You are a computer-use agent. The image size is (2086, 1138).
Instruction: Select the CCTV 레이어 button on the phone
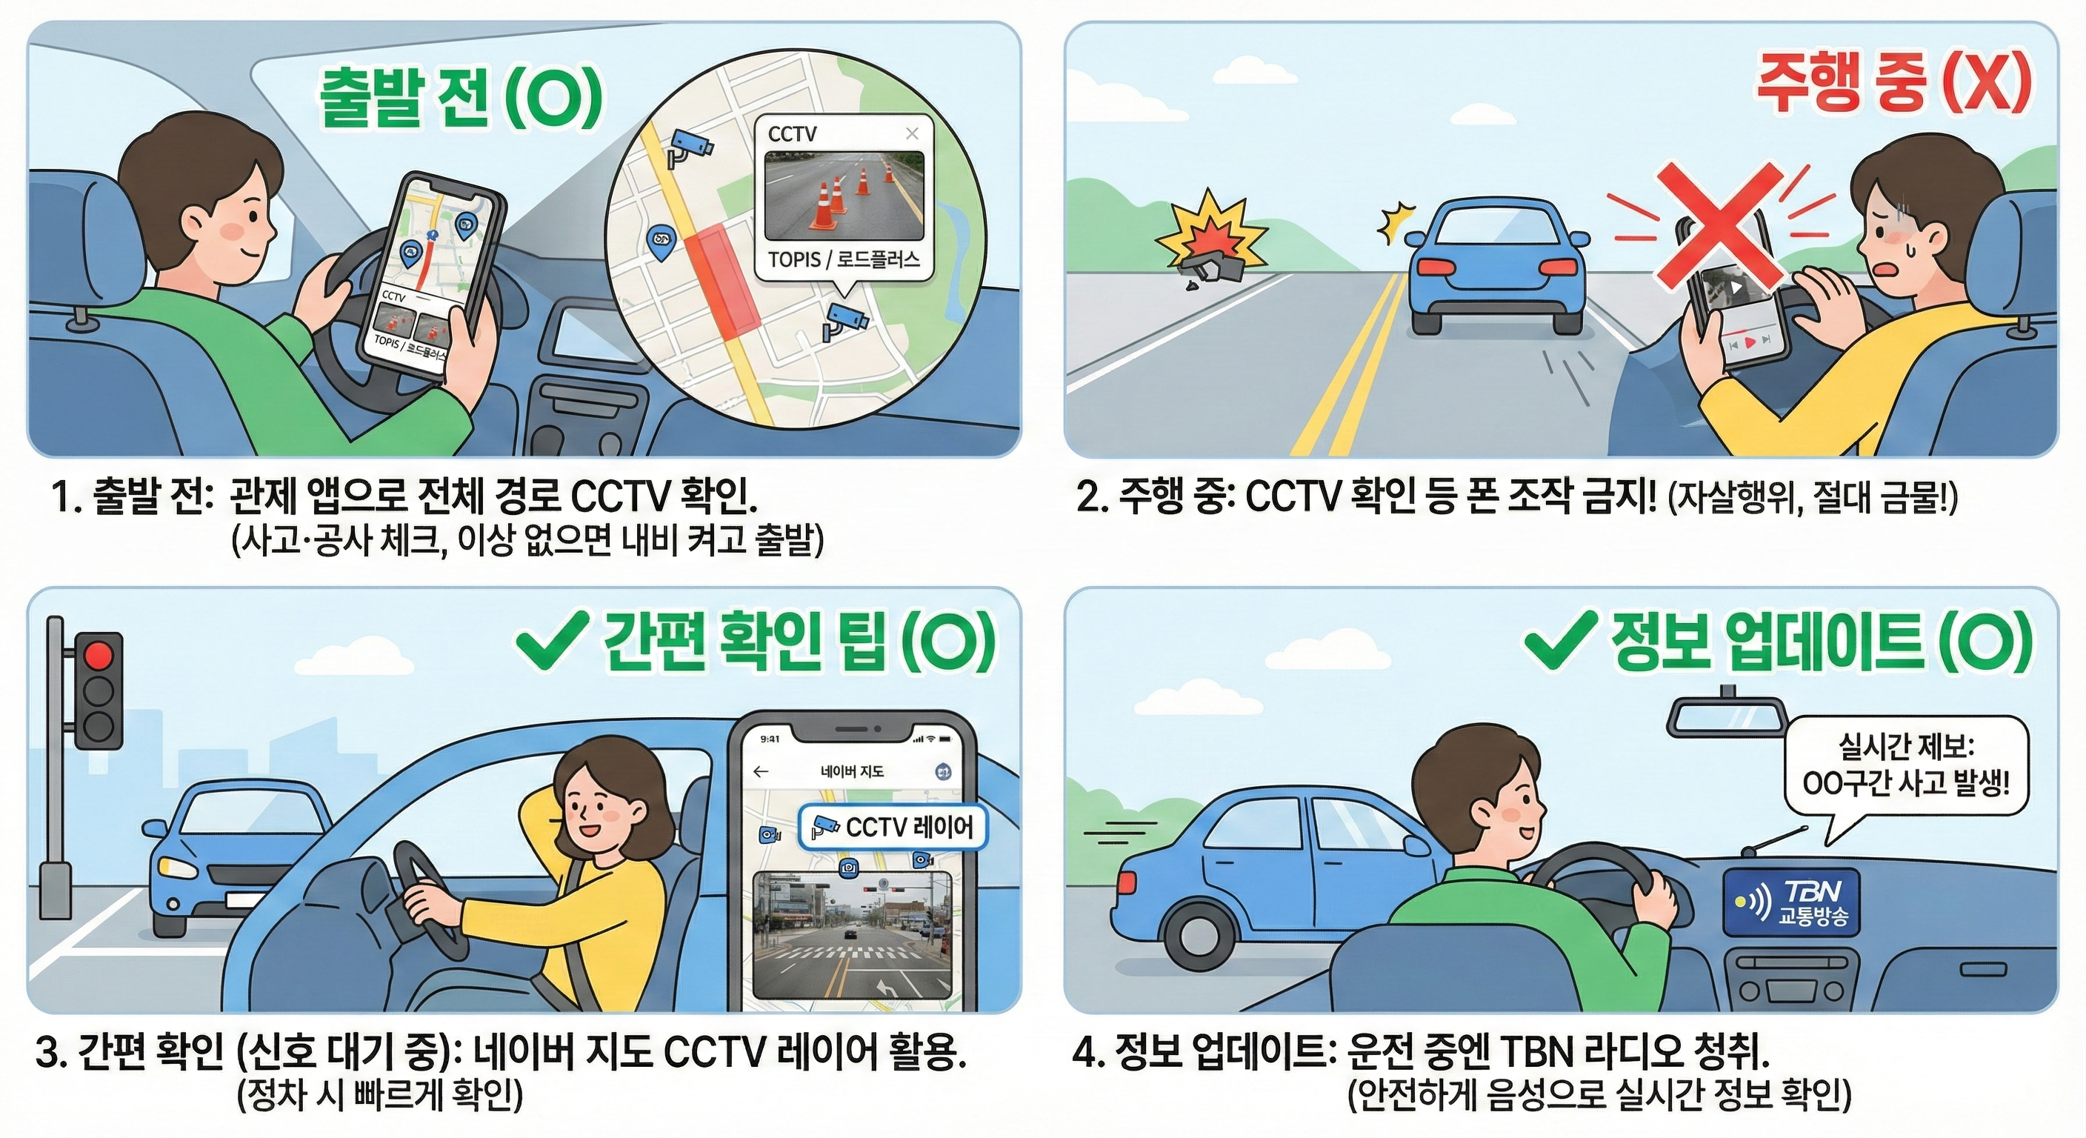click(x=893, y=827)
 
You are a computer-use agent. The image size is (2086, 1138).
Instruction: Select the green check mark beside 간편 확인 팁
click(x=551, y=642)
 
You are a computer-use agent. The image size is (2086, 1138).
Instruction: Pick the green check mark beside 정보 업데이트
click(x=1559, y=641)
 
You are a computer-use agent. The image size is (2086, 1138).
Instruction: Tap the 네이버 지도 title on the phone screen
click(x=852, y=772)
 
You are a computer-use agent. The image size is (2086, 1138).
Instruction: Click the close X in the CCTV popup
click(x=912, y=133)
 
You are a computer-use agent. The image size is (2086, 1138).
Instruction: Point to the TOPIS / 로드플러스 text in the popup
click(x=844, y=260)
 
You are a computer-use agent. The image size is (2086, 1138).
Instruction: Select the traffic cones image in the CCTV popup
click(x=843, y=197)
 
